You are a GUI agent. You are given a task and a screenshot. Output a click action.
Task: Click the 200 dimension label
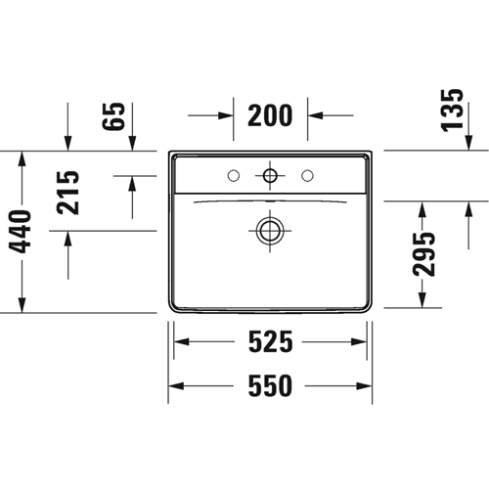click(270, 115)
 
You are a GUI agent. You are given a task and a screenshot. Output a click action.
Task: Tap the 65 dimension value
click(113, 116)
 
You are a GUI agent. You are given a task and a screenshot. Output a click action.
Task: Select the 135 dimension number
click(452, 111)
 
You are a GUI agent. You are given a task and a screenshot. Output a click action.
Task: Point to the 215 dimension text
click(67, 193)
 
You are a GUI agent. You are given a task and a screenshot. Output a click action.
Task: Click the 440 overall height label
click(20, 232)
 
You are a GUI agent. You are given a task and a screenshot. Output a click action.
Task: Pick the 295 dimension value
click(423, 254)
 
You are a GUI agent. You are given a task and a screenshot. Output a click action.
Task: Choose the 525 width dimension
click(270, 341)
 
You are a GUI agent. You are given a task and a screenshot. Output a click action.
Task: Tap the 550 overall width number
click(270, 386)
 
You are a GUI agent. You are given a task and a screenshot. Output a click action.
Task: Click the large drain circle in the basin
click(270, 231)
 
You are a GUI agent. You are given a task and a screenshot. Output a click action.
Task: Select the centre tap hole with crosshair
click(270, 176)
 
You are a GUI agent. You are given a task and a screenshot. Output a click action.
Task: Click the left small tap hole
click(234, 176)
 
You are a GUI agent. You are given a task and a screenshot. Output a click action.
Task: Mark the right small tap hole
click(307, 176)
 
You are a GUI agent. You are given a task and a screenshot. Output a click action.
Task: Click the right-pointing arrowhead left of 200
click(227, 115)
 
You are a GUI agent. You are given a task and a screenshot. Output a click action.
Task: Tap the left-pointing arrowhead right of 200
click(315, 115)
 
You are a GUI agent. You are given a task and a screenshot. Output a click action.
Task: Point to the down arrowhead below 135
click(468, 143)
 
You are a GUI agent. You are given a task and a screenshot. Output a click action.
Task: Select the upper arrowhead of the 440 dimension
click(22, 158)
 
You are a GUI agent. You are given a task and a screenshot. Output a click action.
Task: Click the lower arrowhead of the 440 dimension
click(22, 305)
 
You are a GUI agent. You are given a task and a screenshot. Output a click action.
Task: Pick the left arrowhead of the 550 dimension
click(176, 386)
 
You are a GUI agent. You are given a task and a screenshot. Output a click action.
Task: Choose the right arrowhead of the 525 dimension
click(359, 341)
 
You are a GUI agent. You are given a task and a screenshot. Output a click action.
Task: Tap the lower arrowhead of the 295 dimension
click(422, 300)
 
